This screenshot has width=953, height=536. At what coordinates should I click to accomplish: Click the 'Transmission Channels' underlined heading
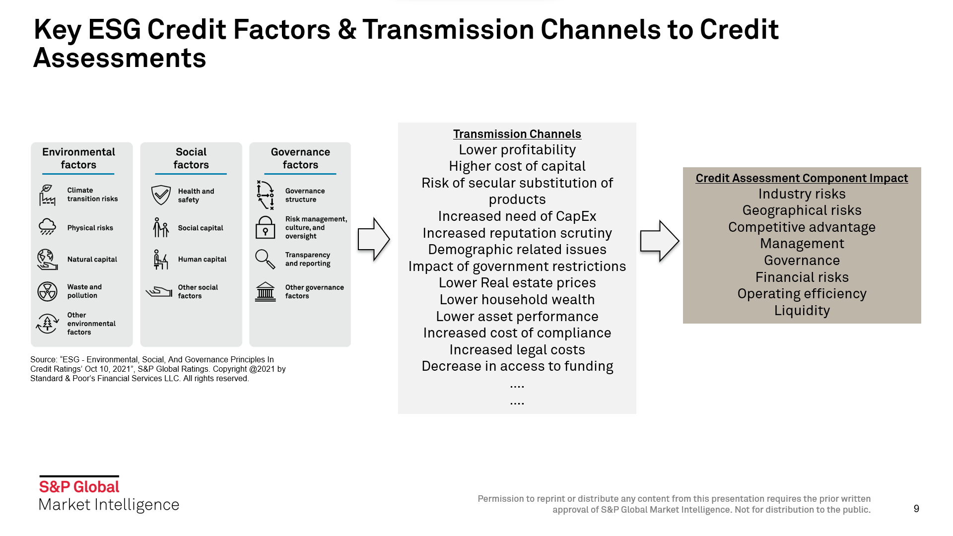517,134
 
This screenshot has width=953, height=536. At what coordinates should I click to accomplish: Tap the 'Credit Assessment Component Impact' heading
802,178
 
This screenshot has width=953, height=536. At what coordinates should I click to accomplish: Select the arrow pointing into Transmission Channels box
373,239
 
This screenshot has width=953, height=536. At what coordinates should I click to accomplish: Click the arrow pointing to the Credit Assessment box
659,241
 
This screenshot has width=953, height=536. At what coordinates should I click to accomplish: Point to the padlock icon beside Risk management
265,227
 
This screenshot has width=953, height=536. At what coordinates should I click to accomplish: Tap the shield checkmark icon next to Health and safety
161,195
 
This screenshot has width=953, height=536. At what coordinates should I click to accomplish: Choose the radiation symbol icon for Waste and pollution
47,291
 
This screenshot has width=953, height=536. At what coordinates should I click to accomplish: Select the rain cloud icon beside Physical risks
47,227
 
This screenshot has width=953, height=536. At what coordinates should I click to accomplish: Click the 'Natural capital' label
92,259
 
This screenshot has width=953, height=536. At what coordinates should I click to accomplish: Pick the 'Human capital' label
202,259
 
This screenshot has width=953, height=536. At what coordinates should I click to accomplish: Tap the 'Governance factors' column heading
300,158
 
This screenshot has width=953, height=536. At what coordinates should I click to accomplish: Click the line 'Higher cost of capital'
517,166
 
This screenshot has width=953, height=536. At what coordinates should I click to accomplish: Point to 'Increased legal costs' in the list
517,350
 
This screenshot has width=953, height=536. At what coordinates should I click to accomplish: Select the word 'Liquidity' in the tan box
802,311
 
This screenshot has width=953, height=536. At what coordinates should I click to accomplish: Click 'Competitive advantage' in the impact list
802,227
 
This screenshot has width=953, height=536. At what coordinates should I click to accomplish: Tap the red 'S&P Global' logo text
79,487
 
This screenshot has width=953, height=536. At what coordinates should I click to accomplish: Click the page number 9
916,509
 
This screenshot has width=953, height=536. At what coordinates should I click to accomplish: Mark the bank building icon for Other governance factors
265,292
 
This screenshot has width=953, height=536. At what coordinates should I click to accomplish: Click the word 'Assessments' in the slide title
120,58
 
